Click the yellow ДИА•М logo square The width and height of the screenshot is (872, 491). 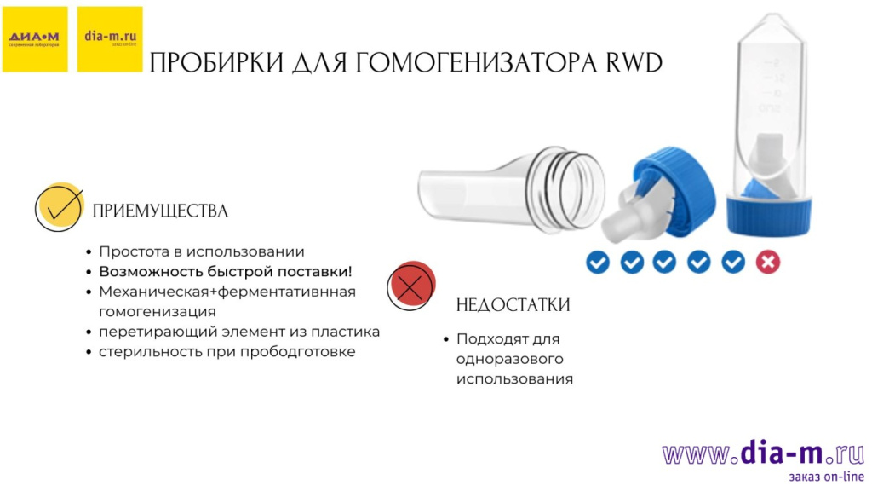35,39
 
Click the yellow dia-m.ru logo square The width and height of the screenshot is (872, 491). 110,39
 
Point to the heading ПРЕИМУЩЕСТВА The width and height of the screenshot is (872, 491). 160,211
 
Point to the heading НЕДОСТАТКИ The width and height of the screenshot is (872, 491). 513,305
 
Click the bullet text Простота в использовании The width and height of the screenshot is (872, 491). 202,251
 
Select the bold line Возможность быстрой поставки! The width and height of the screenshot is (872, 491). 225,271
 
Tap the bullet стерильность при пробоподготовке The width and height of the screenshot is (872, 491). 227,351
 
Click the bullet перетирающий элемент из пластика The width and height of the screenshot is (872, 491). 239,332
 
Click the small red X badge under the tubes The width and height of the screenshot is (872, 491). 767,262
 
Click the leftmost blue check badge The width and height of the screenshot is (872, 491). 598,262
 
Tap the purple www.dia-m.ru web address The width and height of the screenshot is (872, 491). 763,454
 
